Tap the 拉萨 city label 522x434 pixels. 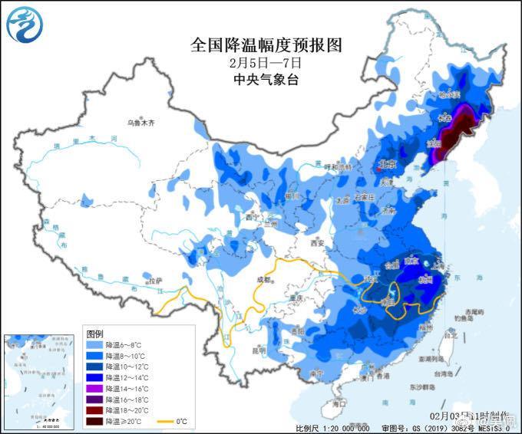point(156,281)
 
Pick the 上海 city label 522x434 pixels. point(440,263)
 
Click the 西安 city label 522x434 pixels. point(318,244)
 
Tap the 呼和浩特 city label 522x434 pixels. point(337,166)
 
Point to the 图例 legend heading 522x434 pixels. point(94,334)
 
